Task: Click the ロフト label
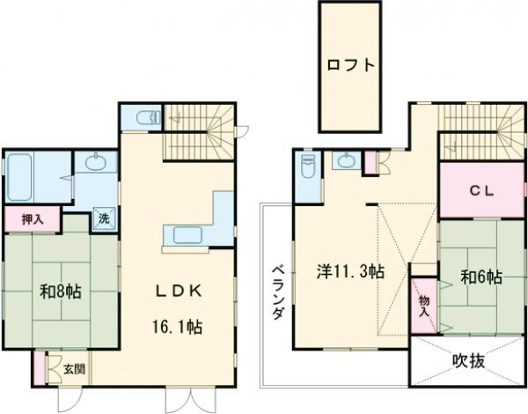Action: [350, 65]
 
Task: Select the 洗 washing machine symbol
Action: [103, 218]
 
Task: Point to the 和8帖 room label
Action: [61, 290]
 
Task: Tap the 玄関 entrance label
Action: [72, 368]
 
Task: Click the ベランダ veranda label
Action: [276, 292]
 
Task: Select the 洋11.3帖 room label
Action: [349, 271]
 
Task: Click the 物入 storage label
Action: [424, 305]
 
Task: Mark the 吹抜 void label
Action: [469, 361]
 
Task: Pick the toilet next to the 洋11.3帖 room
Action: [308, 166]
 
